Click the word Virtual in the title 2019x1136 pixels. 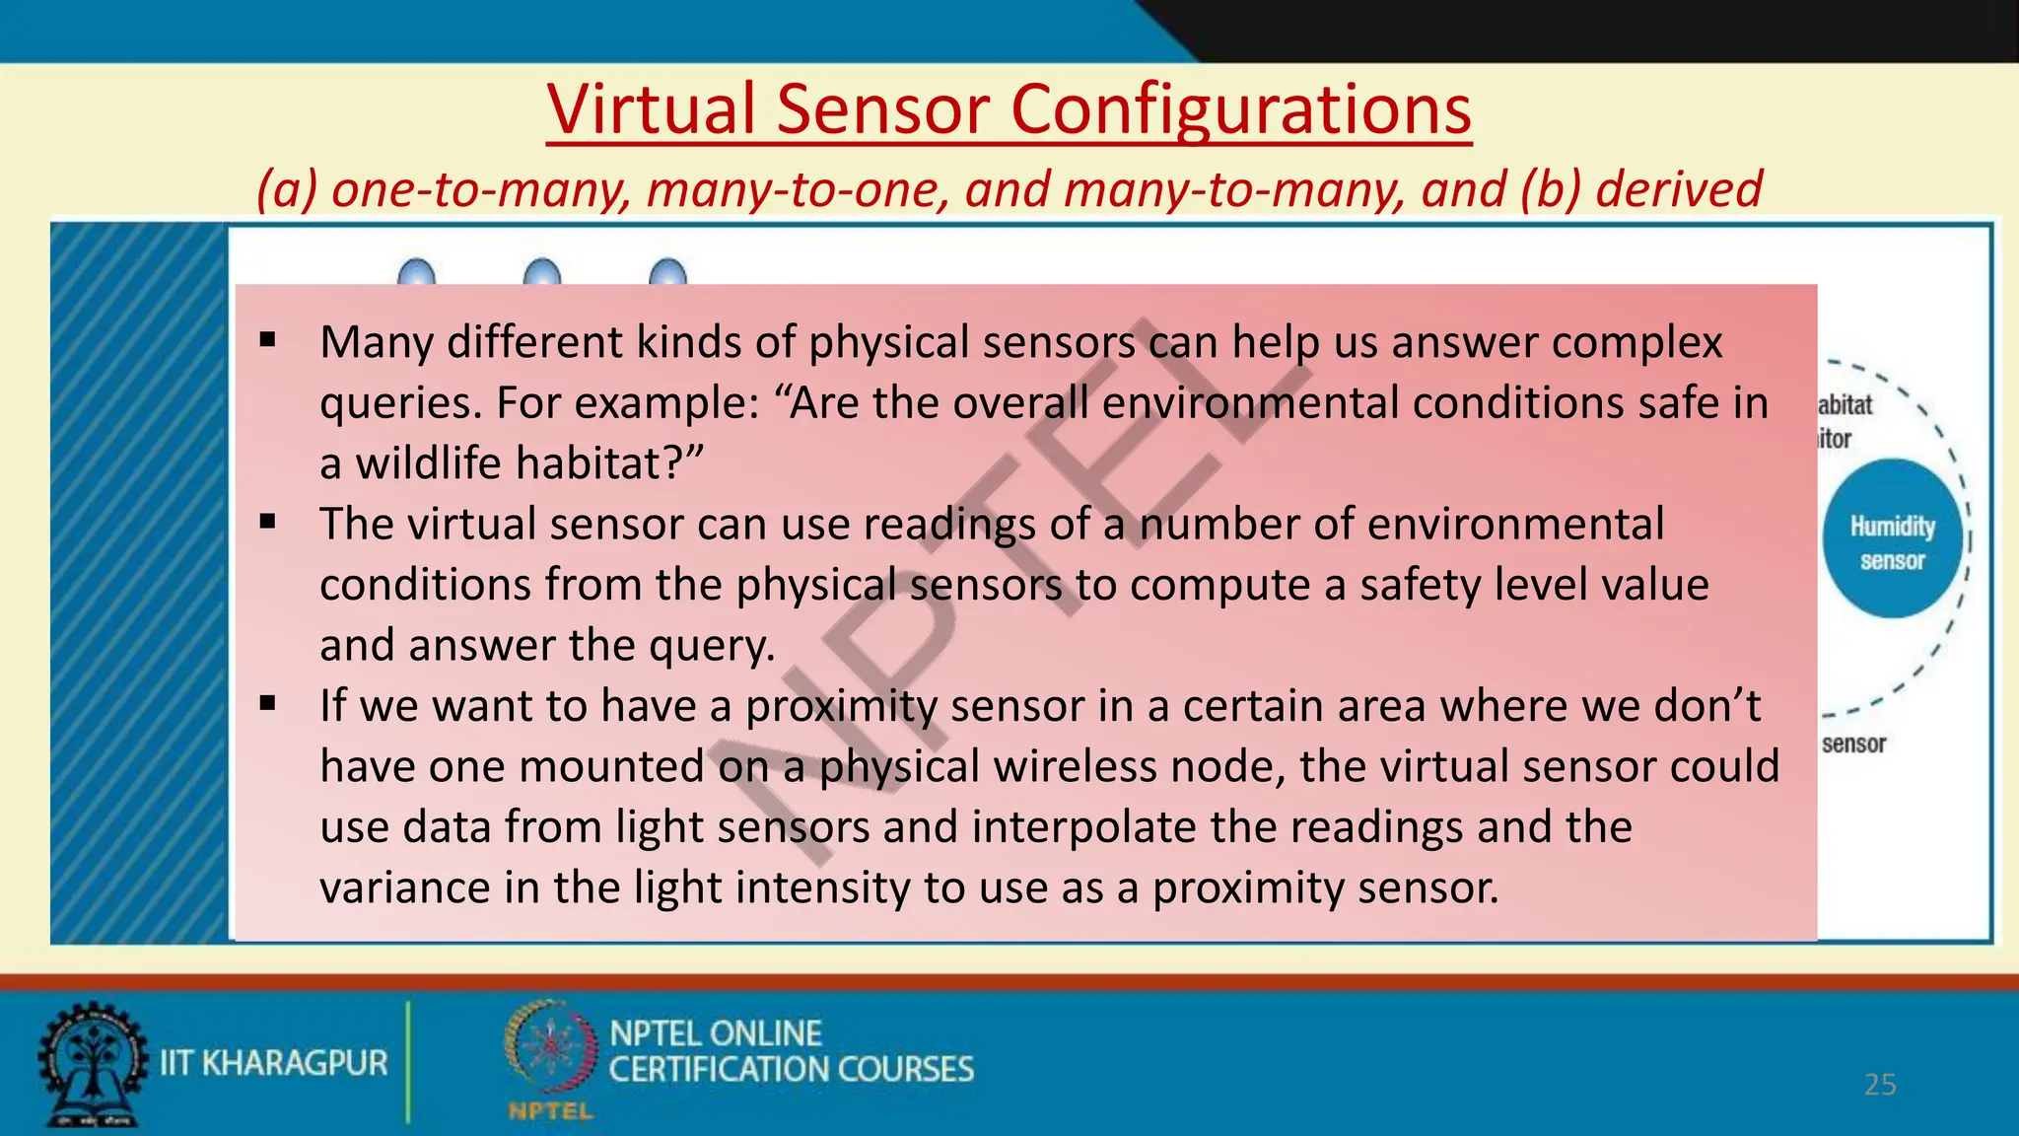(652, 108)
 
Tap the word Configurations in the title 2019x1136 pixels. (1240, 108)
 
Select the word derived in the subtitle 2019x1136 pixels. (1678, 188)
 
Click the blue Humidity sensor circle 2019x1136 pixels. (1892, 540)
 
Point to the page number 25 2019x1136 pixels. (1880, 1085)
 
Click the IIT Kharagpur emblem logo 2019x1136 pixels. (91, 1064)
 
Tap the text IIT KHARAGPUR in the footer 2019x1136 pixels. (274, 1063)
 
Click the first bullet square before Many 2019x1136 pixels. (267, 341)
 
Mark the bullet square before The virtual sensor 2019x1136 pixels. (267, 523)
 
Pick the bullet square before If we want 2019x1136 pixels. (267, 704)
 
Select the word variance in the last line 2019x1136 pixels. (404, 887)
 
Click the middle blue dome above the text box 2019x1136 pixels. (542, 272)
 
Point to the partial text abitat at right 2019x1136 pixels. (1845, 405)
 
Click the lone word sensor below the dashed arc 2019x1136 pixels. (1853, 744)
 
